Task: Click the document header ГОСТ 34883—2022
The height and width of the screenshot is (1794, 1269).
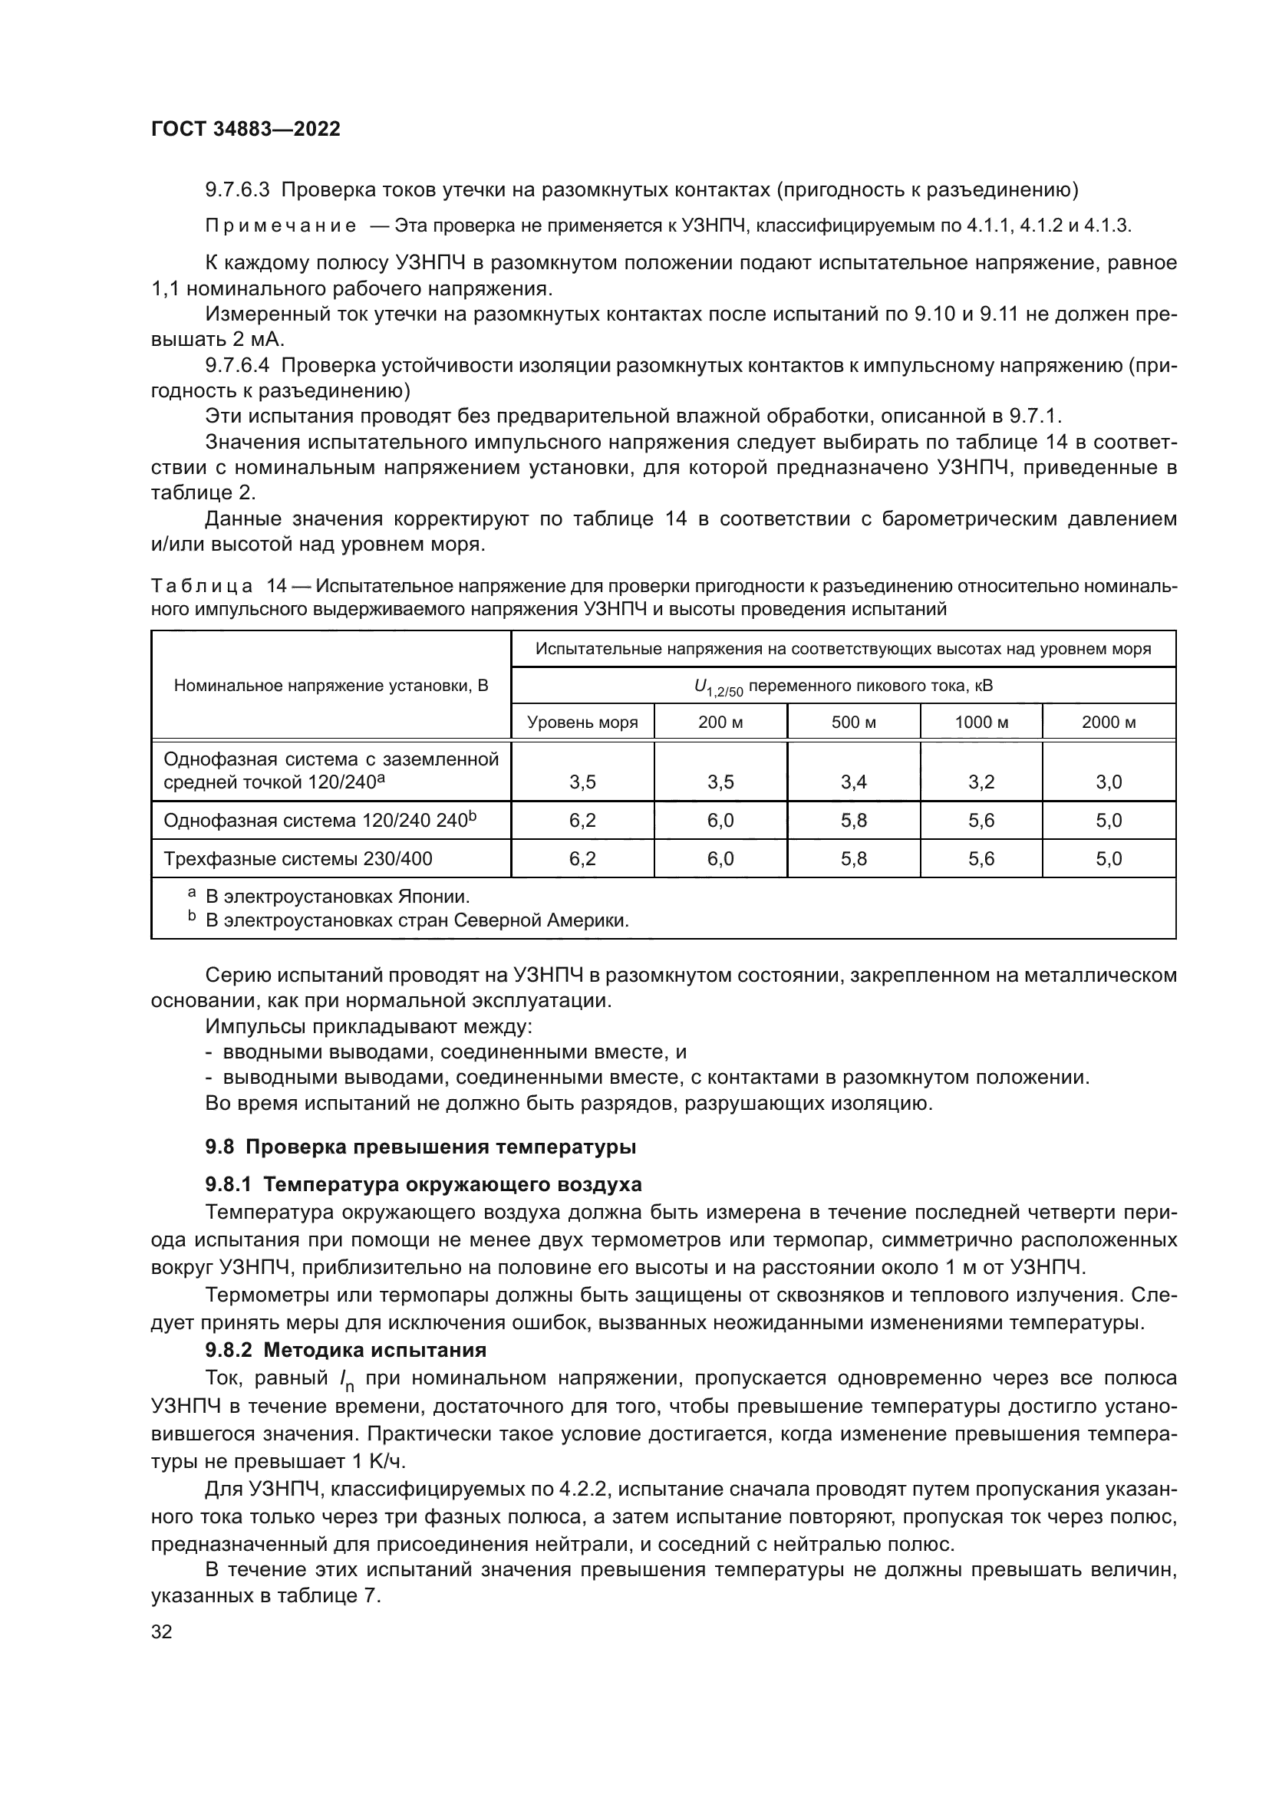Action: [x=246, y=130]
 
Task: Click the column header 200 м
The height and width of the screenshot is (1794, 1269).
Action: [x=720, y=722]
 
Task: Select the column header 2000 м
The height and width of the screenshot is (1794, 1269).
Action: [x=1108, y=722]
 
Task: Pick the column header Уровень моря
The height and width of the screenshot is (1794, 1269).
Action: [x=582, y=722]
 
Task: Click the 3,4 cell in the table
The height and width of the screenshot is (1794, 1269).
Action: [x=853, y=782]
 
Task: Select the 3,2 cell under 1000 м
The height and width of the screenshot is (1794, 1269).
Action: [x=981, y=782]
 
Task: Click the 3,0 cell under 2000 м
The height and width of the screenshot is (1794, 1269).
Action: [x=1108, y=782]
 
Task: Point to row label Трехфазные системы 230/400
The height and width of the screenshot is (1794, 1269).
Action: [x=298, y=859]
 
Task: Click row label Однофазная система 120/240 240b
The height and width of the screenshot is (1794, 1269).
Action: [x=320, y=821]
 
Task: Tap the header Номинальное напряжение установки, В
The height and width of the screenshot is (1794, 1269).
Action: [x=331, y=686]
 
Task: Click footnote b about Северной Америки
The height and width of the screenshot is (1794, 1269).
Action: [x=417, y=920]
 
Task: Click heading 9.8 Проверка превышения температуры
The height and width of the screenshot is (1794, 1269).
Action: [x=420, y=1147]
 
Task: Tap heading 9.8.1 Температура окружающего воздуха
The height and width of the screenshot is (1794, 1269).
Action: [x=423, y=1184]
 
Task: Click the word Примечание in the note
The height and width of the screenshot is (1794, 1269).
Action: [x=281, y=226]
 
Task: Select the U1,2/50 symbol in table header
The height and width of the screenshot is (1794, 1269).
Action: [x=718, y=687]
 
